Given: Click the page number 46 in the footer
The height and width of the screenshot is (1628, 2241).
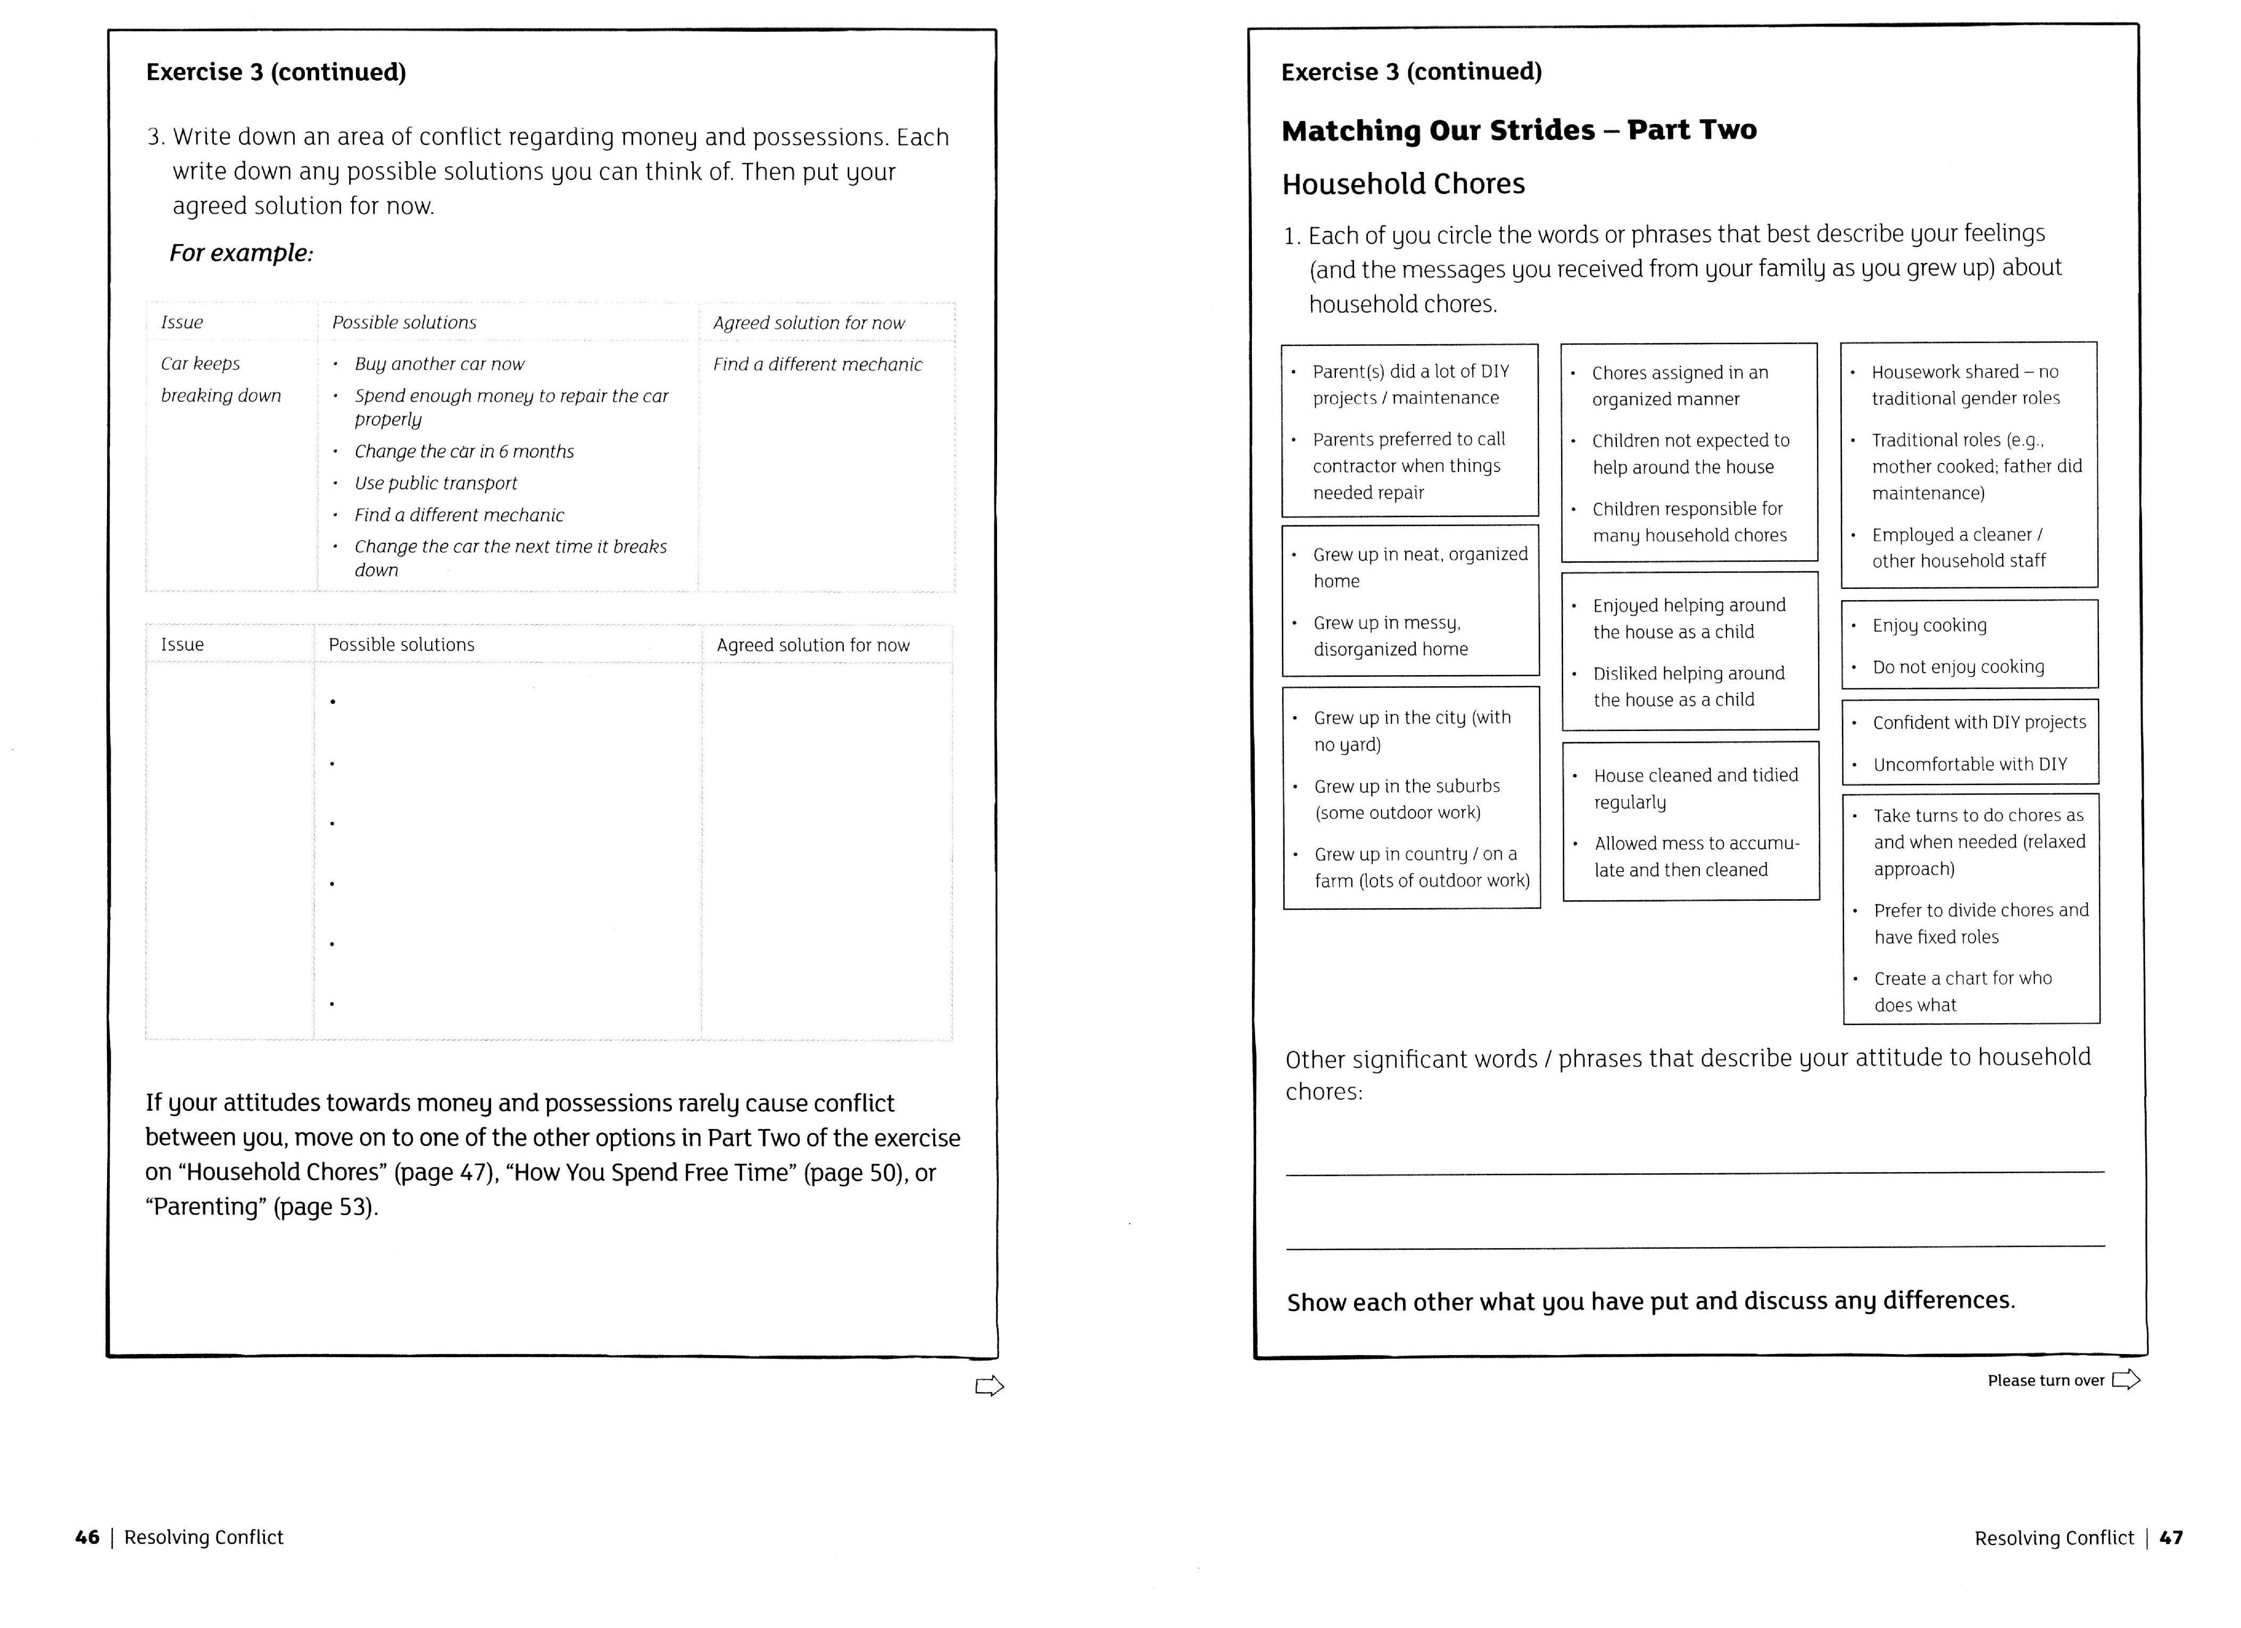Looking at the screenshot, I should pos(87,1537).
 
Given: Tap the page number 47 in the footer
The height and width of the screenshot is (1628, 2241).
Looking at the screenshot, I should pos(2171,1537).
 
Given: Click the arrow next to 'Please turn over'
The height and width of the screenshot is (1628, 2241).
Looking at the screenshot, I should pos(2126,1380).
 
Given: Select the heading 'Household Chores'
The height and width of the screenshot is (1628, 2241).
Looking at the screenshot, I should pos(1403,184).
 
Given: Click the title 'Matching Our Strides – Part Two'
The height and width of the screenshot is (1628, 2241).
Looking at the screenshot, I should pos(1518,130).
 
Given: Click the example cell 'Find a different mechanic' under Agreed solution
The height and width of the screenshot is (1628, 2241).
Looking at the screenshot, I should pos(817,364).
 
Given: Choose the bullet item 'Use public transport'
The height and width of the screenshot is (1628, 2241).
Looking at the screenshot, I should pos(436,483).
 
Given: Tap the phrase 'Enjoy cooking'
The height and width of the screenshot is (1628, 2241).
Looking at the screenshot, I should pos(1929,625).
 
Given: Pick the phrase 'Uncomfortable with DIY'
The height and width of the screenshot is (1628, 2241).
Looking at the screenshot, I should pos(1969,763).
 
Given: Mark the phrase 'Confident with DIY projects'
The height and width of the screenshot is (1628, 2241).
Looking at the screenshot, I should pos(1979,722).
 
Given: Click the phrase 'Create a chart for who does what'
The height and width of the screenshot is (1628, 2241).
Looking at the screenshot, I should pos(1962,991).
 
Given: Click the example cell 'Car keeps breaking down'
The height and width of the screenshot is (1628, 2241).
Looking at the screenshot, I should pos(220,379).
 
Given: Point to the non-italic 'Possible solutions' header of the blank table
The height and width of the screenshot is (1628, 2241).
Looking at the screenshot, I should pos(401,645).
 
